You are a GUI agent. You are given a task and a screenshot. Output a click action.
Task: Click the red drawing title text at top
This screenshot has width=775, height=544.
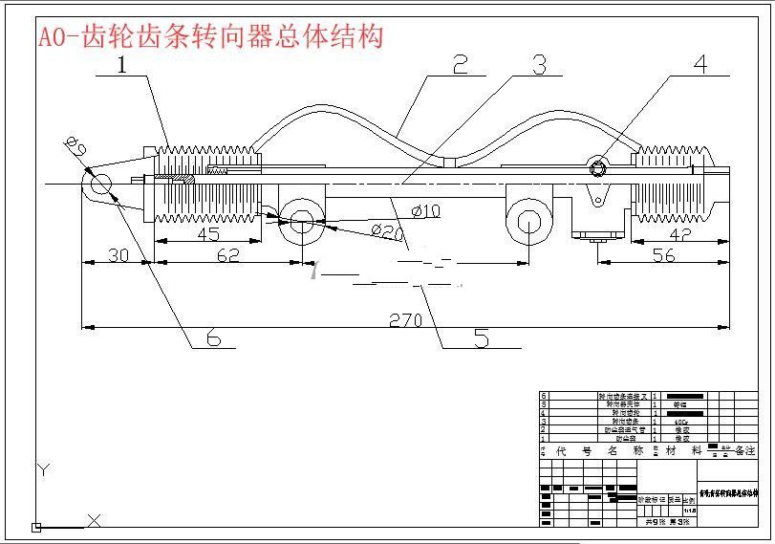pos(210,36)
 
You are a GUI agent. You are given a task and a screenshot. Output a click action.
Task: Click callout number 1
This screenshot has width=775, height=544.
pos(122,65)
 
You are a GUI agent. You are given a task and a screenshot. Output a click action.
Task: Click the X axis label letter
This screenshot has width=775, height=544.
pos(95,521)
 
